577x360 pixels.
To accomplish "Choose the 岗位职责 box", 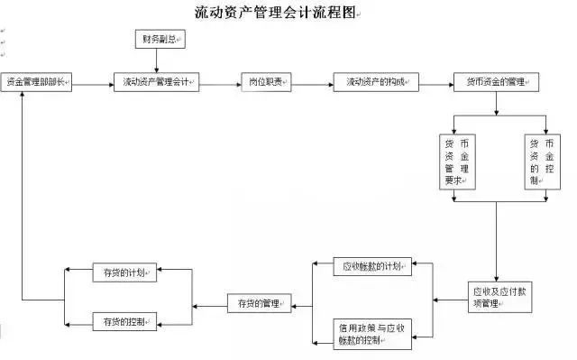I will click(x=266, y=82).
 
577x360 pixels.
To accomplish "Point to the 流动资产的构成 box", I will click(x=378, y=82).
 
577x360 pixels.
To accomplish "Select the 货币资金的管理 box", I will click(x=497, y=82).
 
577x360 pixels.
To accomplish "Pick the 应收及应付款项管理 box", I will click(x=499, y=298).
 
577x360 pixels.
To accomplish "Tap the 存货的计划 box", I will click(x=126, y=271).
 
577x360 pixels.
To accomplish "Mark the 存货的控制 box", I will click(x=126, y=320).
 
